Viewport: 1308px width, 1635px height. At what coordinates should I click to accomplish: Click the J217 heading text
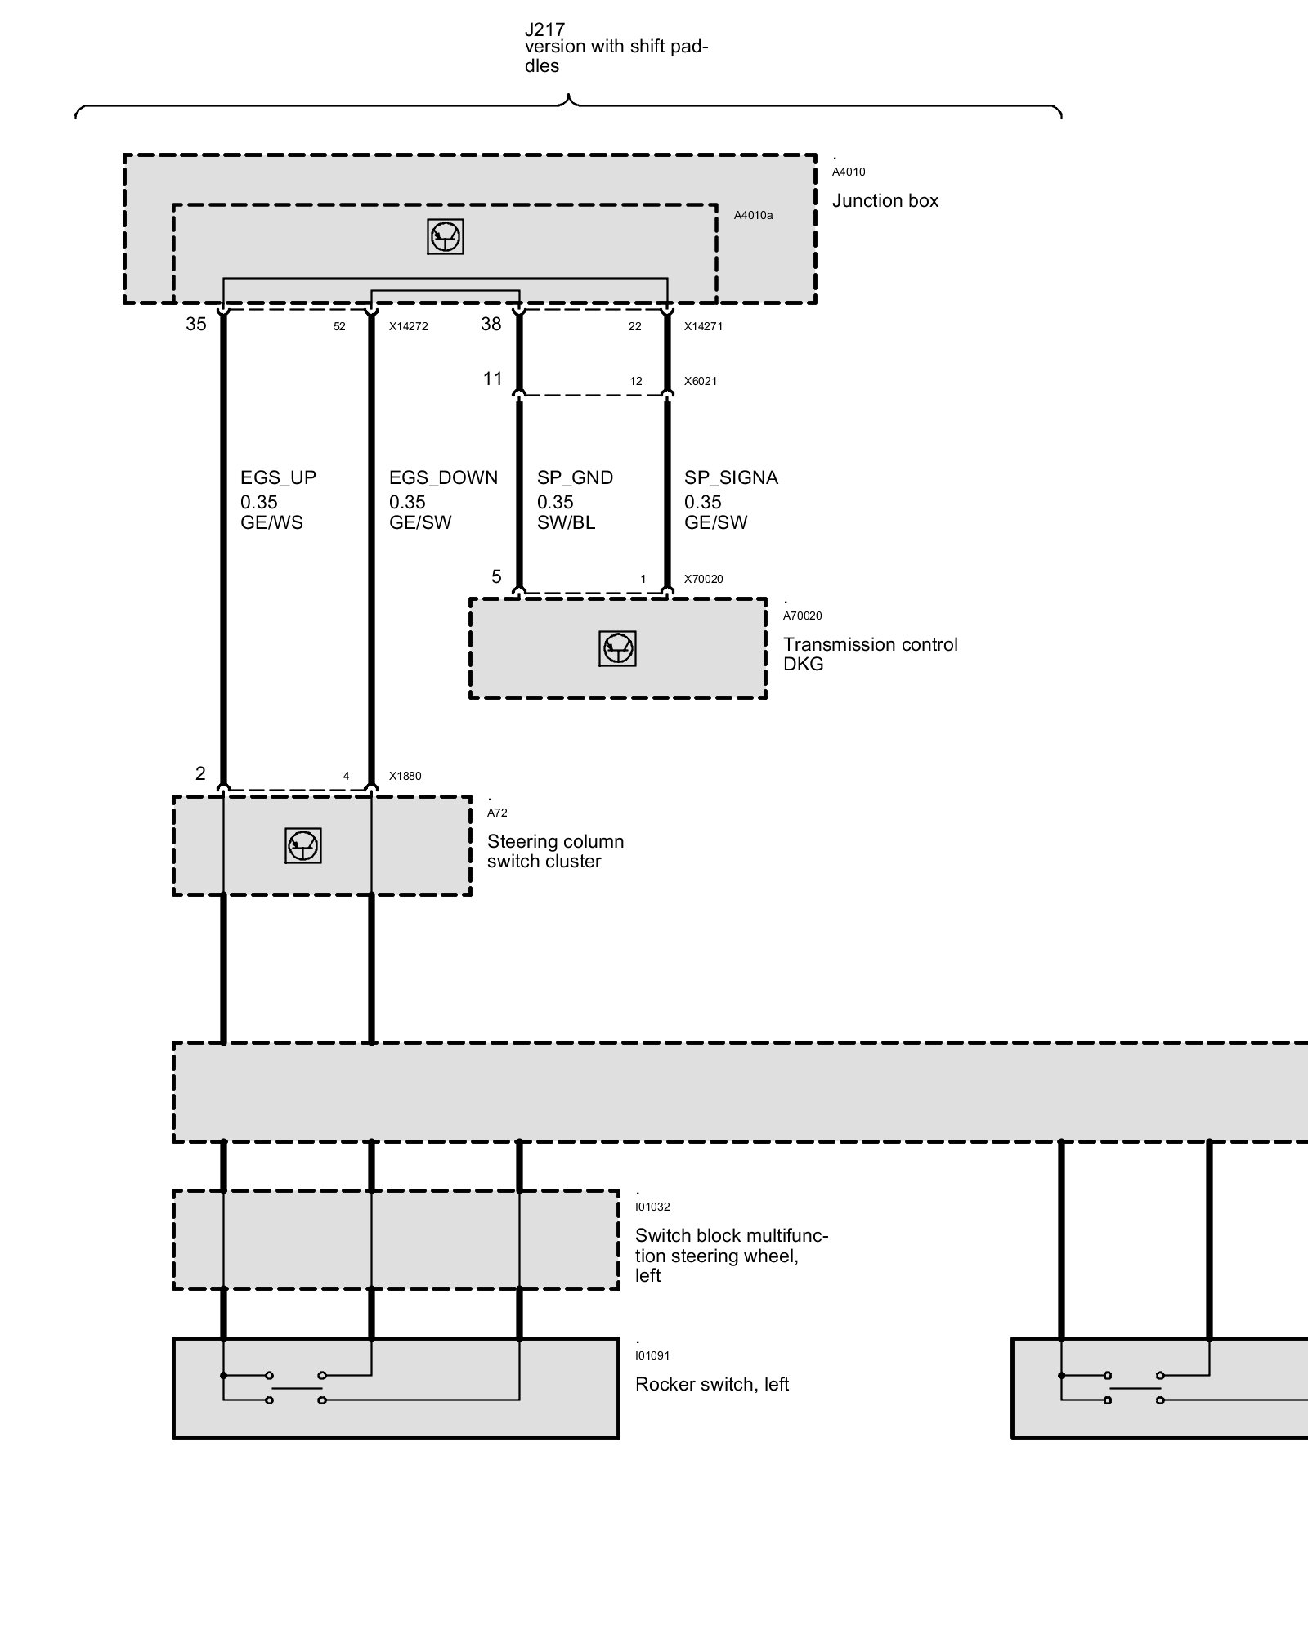544,29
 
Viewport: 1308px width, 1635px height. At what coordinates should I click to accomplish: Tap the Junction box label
885,201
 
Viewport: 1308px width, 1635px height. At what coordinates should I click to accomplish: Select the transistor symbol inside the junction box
446,237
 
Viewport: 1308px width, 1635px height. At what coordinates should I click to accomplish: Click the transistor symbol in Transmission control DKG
617,649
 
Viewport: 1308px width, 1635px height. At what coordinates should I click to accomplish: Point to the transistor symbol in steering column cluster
303,846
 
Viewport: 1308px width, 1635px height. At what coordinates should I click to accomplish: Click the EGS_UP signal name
278,477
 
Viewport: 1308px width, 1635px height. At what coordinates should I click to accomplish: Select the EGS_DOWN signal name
443,477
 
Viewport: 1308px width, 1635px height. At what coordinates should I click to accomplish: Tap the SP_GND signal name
575,477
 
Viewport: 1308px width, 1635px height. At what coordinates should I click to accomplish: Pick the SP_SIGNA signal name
731,477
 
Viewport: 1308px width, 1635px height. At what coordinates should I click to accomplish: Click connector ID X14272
408,326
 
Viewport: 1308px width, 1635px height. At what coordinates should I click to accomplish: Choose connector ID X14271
703,326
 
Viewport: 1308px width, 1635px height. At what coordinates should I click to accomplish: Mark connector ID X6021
701,381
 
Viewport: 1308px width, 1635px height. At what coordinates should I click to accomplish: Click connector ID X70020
703,579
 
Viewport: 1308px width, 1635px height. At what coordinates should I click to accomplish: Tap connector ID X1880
405,776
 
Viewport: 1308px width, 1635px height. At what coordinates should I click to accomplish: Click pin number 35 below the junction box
196,324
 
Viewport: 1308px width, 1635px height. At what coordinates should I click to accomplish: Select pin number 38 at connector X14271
490,324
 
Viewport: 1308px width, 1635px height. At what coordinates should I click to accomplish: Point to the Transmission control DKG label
870,654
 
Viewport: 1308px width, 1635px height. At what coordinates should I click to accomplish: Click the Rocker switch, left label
711,1384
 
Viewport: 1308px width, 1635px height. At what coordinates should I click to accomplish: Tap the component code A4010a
753,216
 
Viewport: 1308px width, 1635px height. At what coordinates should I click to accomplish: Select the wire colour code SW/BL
566,523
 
